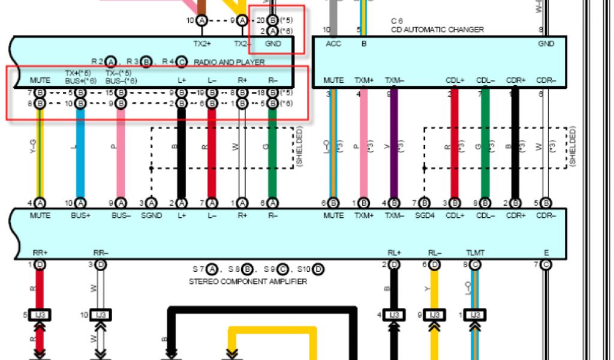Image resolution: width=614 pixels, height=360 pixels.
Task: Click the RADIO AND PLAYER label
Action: [x=228, y=62]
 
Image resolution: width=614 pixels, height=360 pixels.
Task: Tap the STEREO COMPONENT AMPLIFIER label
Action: [x=248, y=281]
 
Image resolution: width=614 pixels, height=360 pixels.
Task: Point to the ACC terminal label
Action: [x=333, y=44]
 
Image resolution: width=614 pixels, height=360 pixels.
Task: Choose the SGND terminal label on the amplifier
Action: [x=151, y=215]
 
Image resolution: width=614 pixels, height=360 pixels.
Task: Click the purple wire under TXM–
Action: [x=393, y=144]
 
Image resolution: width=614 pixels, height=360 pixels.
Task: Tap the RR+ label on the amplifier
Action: [x=40, y=253]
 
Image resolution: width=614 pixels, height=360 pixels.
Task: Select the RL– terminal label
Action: [x=435, y=253]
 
